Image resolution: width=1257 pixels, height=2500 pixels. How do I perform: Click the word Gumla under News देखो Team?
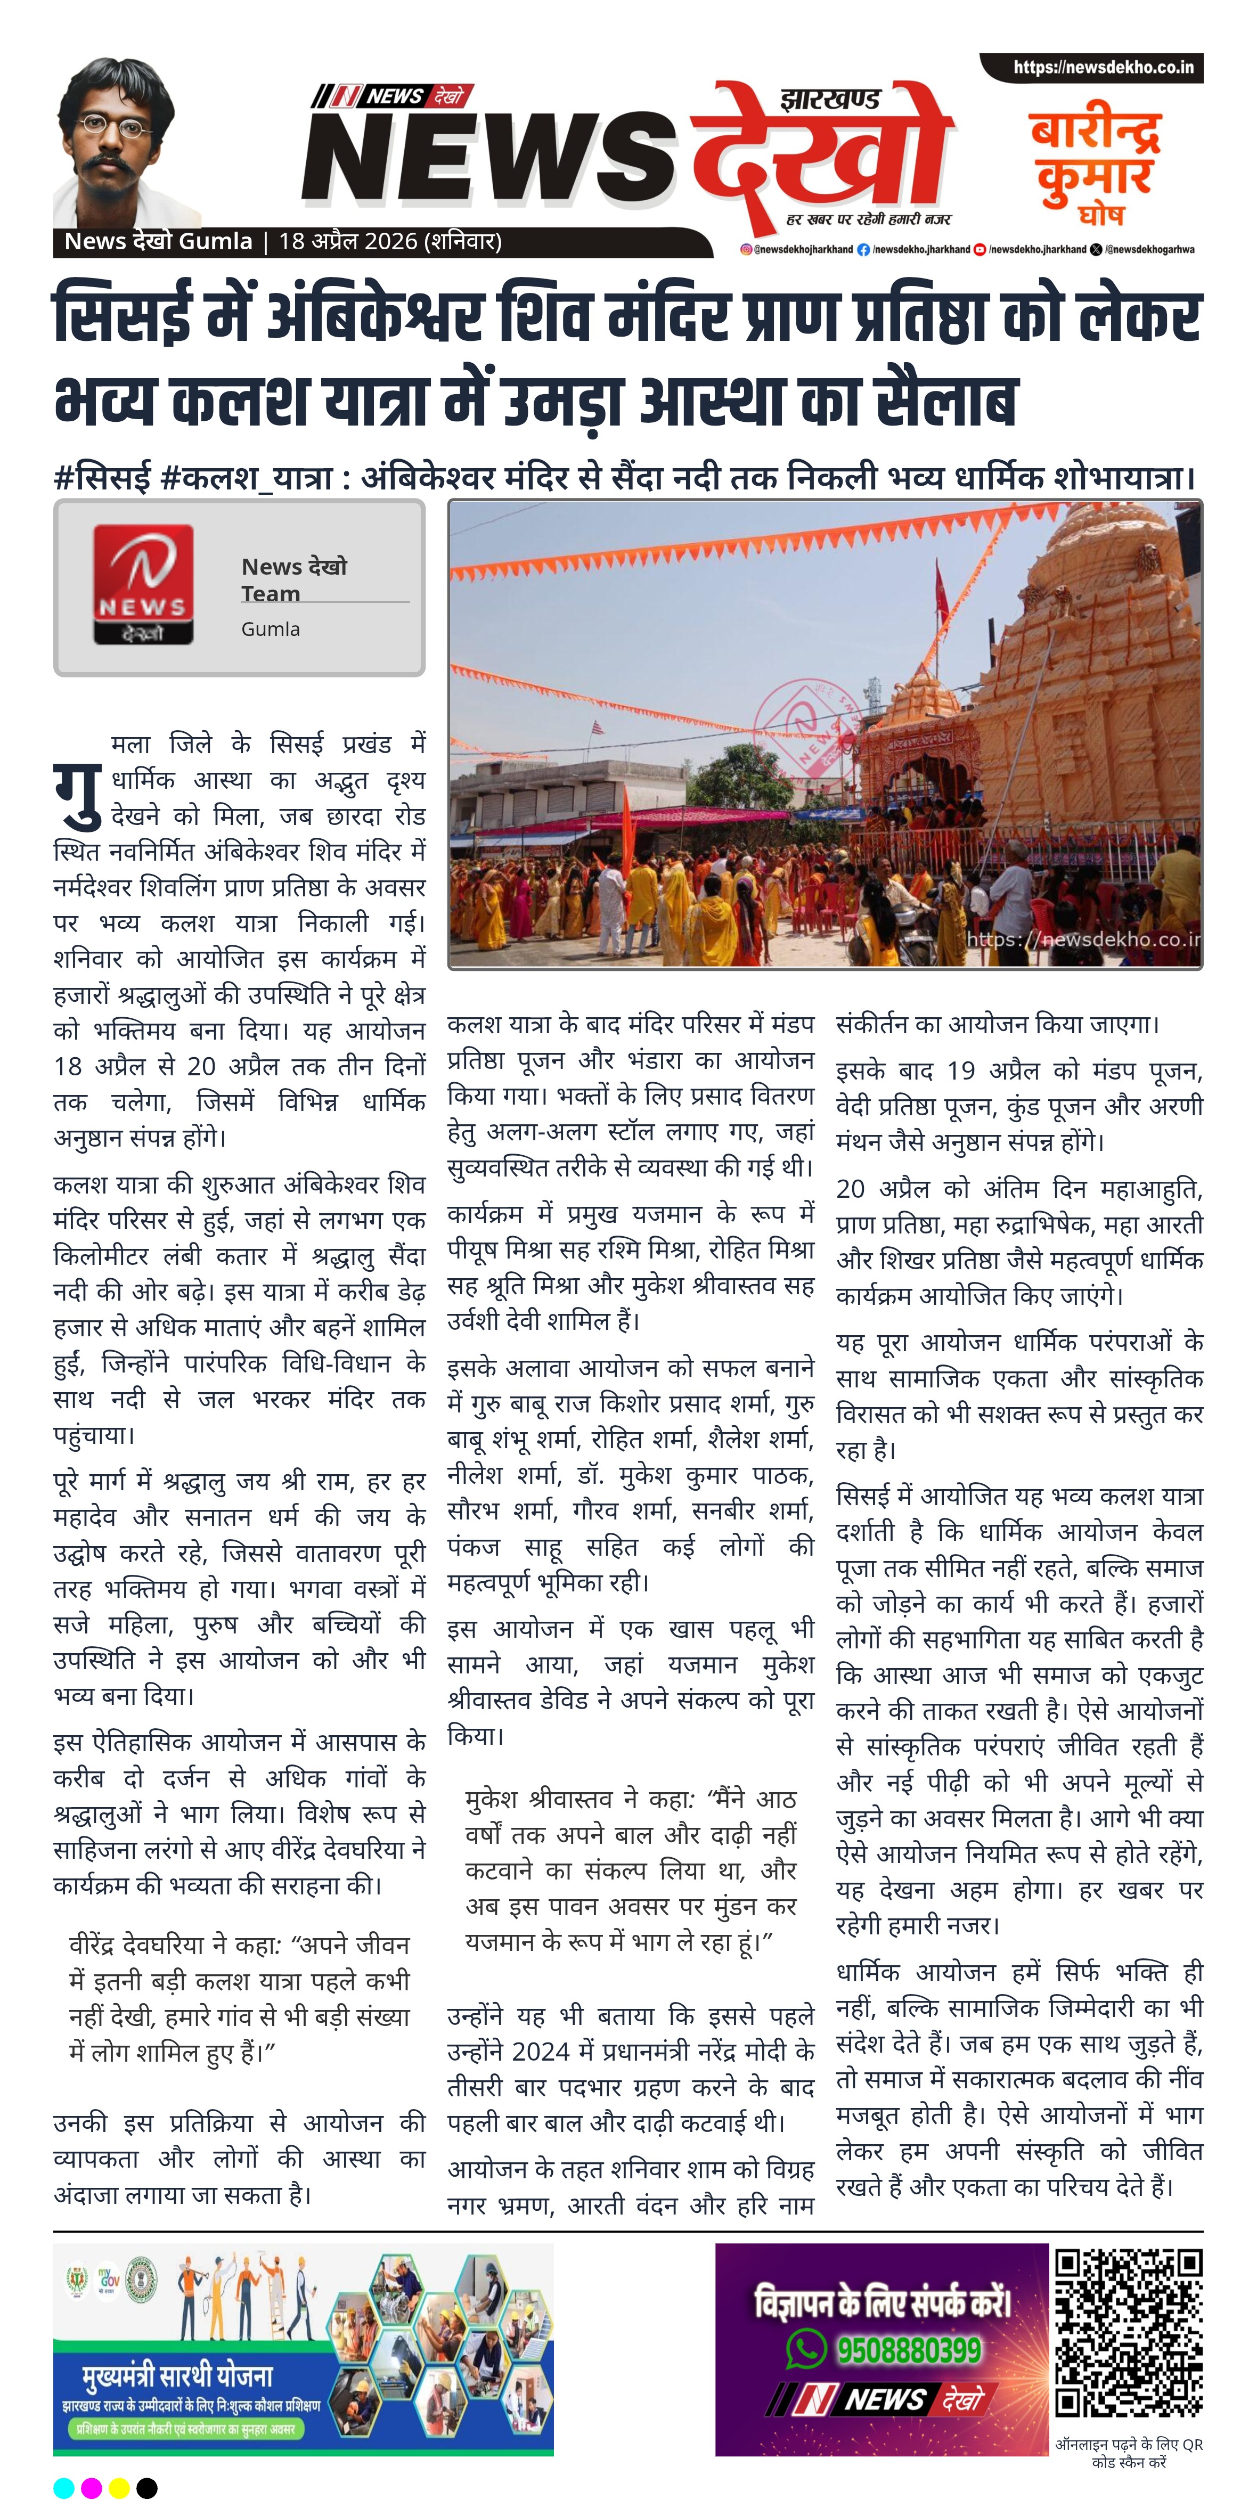pos(270,629)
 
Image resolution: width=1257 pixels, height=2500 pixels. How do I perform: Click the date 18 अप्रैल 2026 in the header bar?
pos(347,241)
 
